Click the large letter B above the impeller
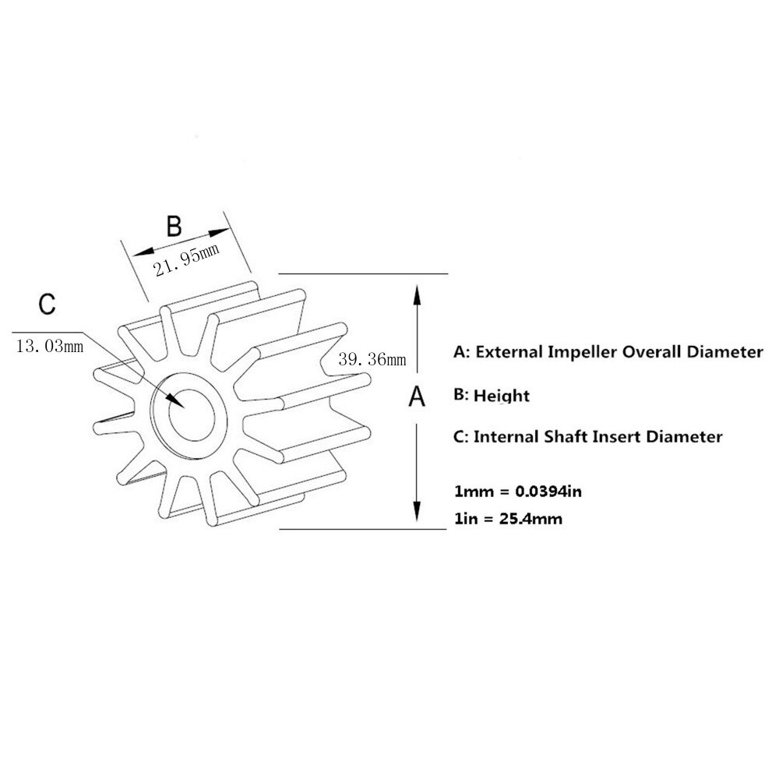[x=174, y=226]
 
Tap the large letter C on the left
[x=48, y=304]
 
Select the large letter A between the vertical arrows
[x=418, y=397]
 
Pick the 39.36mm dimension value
[x=372, y=359]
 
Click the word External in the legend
[x=509, y=352]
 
